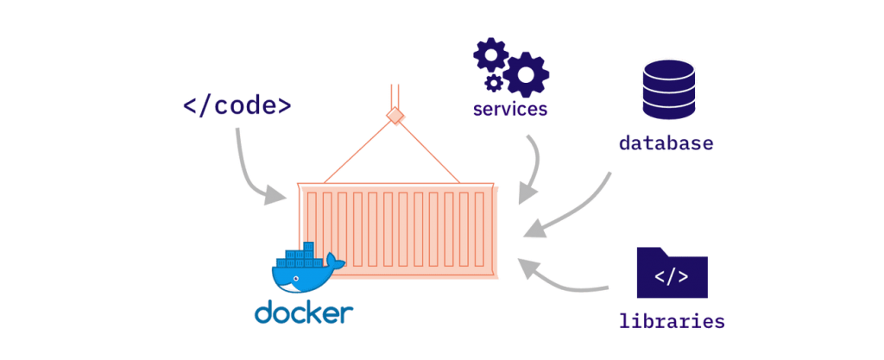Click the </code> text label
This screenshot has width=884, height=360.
[x=237, y=106]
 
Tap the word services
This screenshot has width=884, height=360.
[x=510, y=110]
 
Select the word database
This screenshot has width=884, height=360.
[x=666, y=142]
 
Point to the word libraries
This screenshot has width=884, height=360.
[x=672, y=321]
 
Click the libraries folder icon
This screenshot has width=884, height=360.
[x=672, y=274]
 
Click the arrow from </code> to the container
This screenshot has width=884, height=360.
[x=250, y=173]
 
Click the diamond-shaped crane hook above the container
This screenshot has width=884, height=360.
[x=396, y=116]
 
